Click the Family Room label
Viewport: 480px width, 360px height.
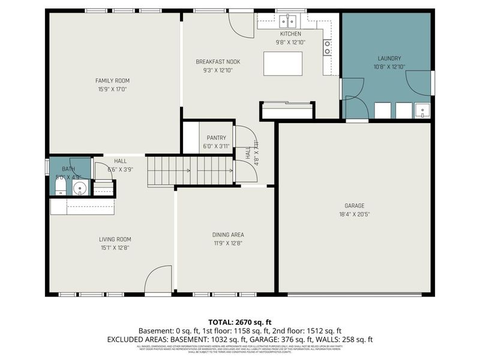tap(112, 80)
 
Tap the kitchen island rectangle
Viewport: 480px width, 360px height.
tap(283, 63)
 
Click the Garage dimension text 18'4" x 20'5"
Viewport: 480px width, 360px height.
tap(354, 214)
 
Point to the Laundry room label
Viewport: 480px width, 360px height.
tap(388, 58)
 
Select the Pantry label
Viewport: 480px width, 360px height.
tap(216, 138)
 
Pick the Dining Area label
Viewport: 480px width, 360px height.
tap(227, 235)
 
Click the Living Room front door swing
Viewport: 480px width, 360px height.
tap(158, 281)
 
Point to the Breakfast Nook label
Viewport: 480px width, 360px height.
tap(218, 62)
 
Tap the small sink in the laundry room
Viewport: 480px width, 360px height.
tap(422, 110)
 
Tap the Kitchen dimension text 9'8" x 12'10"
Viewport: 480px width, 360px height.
tap(290, 42)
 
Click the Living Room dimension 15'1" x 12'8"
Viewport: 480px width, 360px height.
tap(115, 247)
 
